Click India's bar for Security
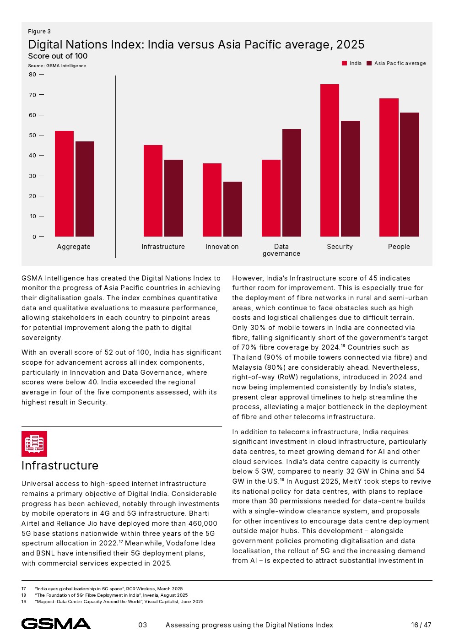click(x=330, y=160)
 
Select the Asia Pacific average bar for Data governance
click(x=292, y=183)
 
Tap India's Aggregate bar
click(x=64, y=183)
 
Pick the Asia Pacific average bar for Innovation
click(x=232, y=209)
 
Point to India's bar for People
click(x=389, y=167)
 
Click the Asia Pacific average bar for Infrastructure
click(x=173, y=198)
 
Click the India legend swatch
click(x=345, y=64)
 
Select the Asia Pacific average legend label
click(x=400, y=64)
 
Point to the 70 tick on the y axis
click(x=32, y=95)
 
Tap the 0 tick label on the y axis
click(x=34, y=237)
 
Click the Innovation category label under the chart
click(x=222, y=247)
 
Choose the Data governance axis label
click(x=281, y=250)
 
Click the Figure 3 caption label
click(x=39, y=32)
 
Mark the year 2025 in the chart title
click(x=350, y=44)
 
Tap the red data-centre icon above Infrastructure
click(x=34, y=443)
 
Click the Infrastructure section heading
click(x=60, y=465)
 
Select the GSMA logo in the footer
click(x=56, y=624)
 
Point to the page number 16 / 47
click(x=421, y=625)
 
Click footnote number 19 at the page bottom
click(x=24, y=602)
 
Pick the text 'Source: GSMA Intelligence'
click(x=57, y=66)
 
